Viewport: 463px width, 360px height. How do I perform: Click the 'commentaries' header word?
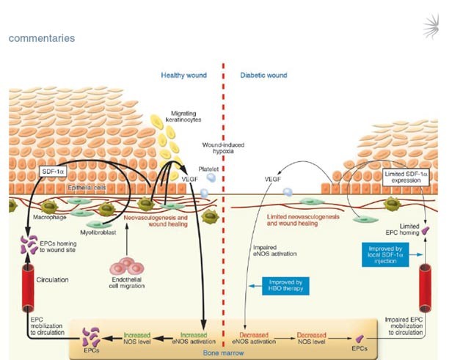tap(41, 37)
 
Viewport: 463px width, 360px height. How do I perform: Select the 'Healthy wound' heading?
tap(184, 76)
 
